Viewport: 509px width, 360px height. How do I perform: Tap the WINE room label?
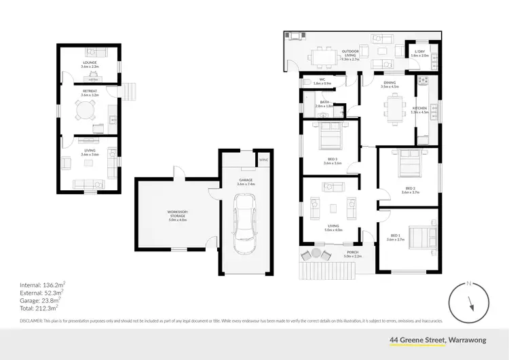(263, 160)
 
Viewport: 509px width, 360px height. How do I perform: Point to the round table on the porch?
(316, 254)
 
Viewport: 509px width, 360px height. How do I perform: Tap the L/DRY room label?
(421, 52)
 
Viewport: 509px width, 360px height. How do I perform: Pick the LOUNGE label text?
(90, 62)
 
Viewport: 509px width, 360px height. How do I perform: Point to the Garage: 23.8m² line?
(41, 299)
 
